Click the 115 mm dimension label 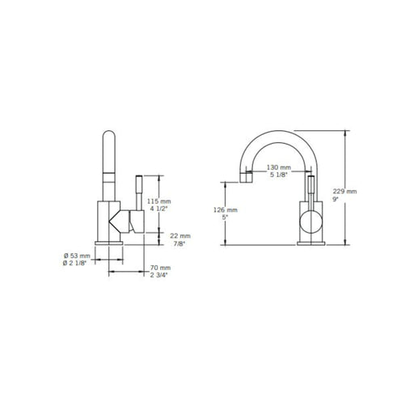158,201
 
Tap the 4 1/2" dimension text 157,209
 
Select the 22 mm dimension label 180,236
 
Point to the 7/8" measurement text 179,244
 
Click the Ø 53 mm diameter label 77,256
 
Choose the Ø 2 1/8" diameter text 75,263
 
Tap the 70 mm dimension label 160,268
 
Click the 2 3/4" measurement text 159,275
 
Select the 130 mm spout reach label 279,167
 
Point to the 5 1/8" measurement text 279,175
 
